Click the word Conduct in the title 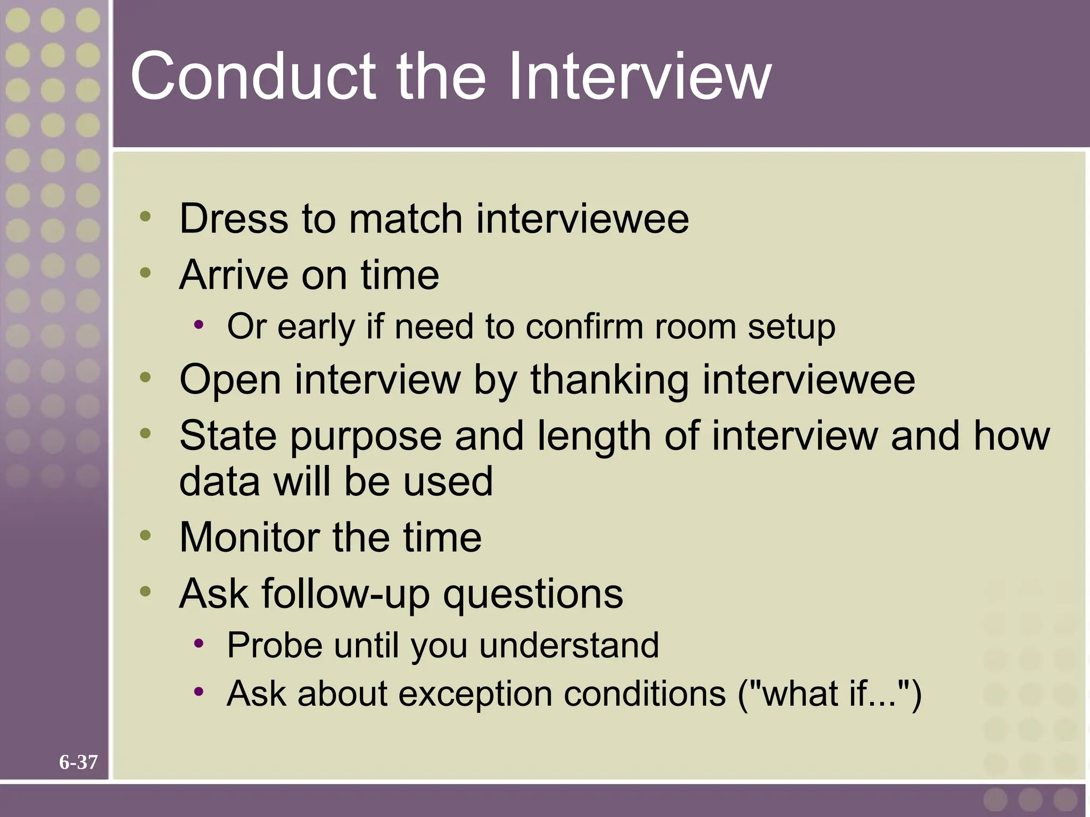coord(255,77)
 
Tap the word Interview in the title coord(639,77)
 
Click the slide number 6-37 coord(78,762)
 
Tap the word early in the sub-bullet coord(316,327)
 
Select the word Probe coord(275,646)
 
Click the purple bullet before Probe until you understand coord(199,644)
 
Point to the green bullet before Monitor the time coord(145,535)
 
